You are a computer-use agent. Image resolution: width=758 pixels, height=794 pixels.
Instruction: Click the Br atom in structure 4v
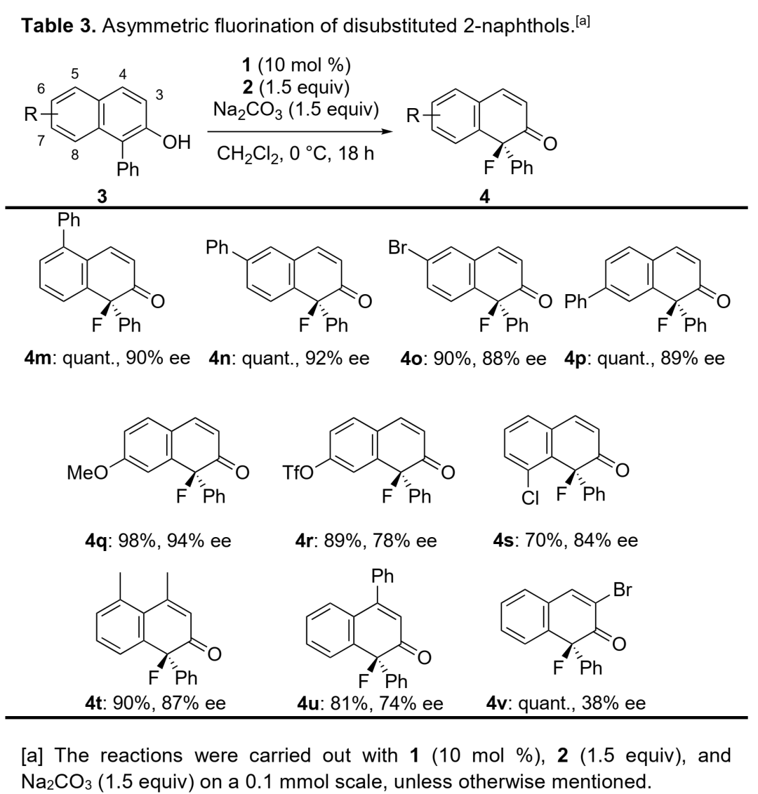pyautogui.click(x=623, y=590)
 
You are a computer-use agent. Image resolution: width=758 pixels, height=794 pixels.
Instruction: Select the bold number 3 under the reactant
pyautogui.click(x=102, y=197)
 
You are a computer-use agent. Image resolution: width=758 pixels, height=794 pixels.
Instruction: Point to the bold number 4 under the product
pyautogui.click(x=484, y=197)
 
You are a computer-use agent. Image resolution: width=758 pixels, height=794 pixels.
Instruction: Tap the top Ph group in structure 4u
pyautogui.click(x=382, y=577)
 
